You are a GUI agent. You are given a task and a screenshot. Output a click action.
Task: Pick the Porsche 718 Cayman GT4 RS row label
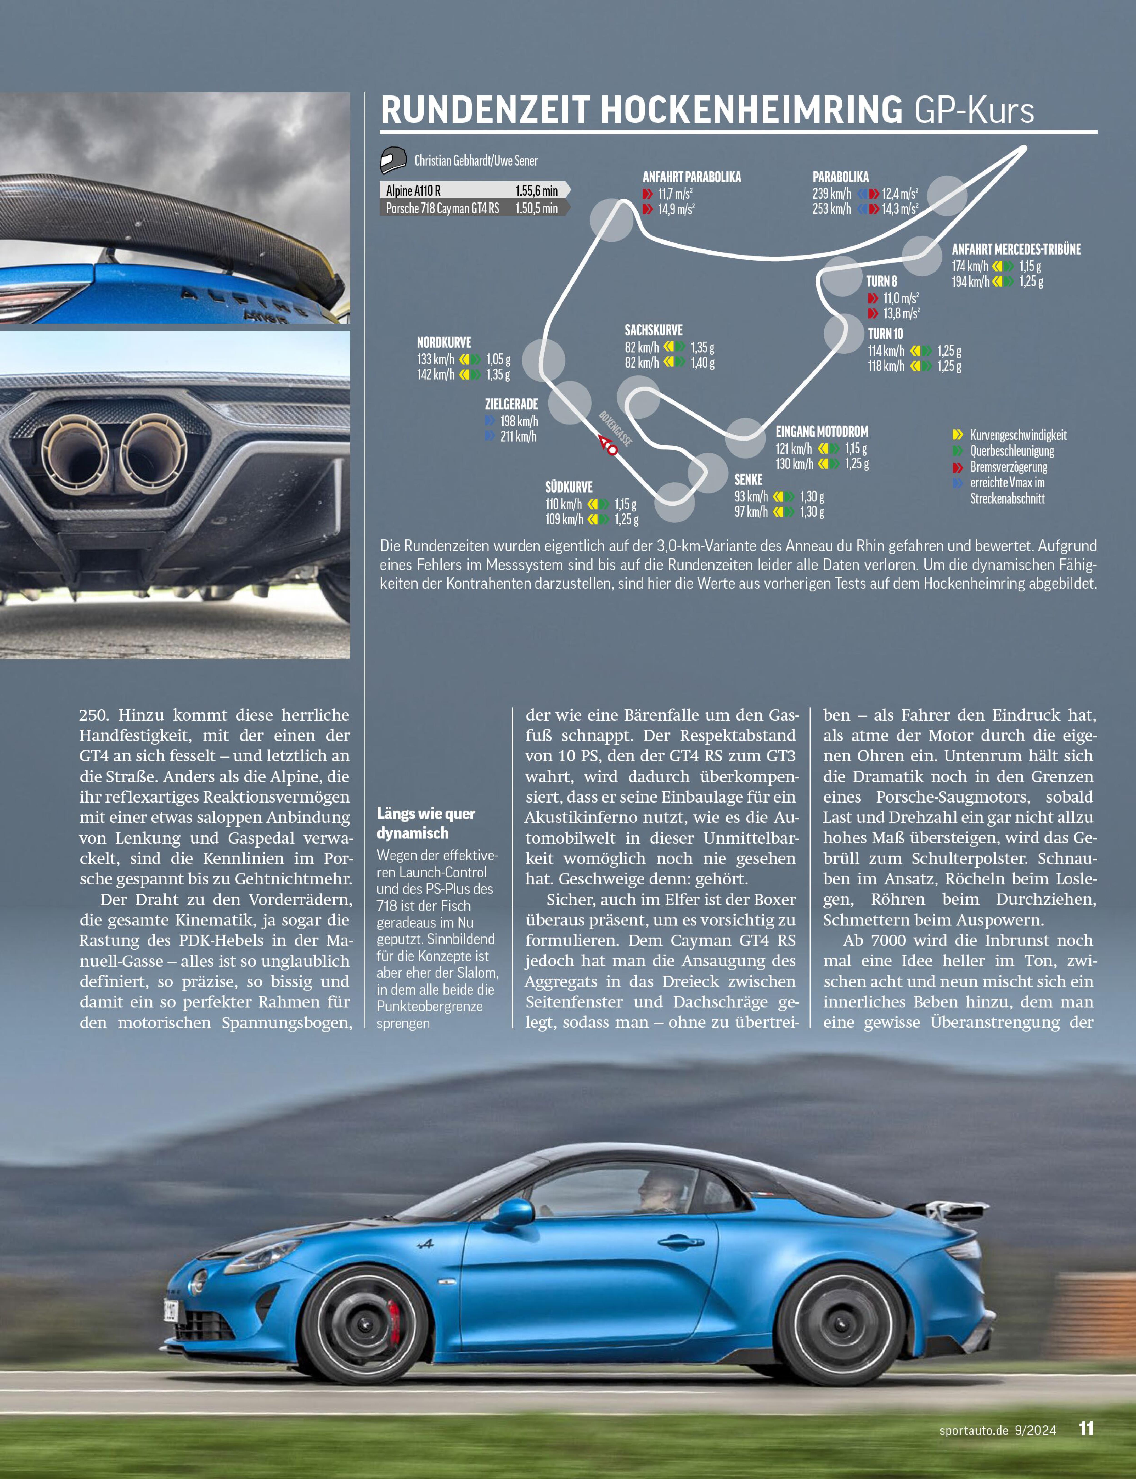click(x=442, y=208)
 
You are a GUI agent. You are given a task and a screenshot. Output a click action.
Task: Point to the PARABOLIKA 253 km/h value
click(x=832, y=209)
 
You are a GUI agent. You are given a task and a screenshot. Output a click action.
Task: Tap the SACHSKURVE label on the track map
click(x=653, y=330)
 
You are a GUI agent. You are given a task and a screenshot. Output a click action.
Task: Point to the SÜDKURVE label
click(x=569, y=487)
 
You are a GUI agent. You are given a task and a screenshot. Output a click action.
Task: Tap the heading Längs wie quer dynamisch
click(x=426, y=823)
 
